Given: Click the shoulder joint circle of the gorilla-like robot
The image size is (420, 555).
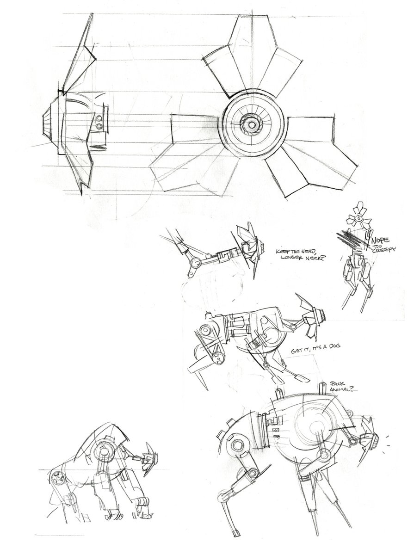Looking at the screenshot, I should [x=103, y=449].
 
